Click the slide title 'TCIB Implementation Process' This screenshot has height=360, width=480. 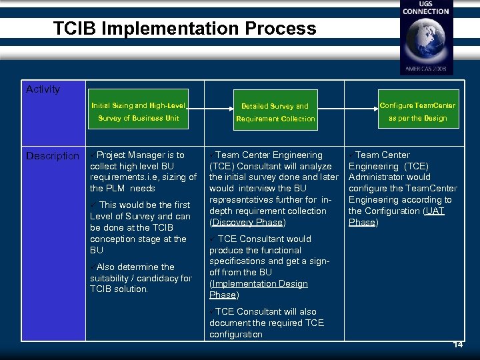tap(185, 29)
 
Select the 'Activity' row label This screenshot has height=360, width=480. tap(43, 89)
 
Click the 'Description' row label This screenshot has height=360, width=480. tap(52, 156)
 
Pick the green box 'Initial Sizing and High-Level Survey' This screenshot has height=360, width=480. tap(139, 111)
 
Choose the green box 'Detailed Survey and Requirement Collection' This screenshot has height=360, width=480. tap(275, 112)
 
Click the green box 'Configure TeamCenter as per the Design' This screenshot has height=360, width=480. tap(417, 111)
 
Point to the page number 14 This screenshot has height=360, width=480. tap(458, 345)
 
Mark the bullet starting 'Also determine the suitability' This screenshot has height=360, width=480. tap(140, 278)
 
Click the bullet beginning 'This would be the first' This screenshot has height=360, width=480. tap(140, 227)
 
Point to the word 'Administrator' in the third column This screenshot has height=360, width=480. tap(379, 177)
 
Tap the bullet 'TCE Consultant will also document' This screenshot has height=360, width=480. tap(267, 323)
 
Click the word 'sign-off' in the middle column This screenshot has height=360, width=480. tap(317, 261)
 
